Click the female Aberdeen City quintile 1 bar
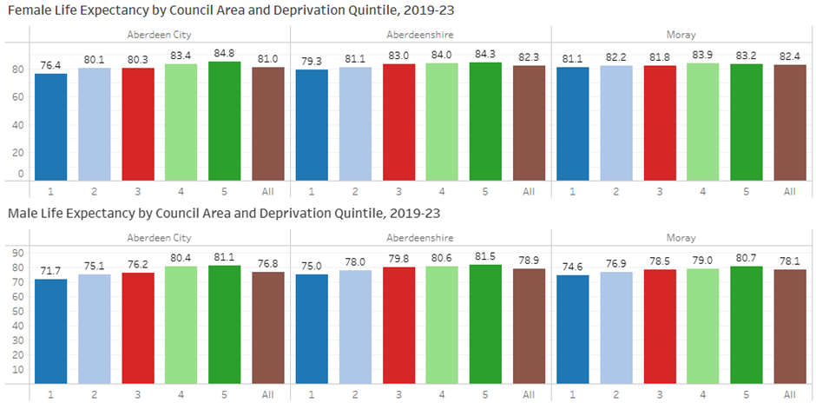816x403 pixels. click(x=51, y=127)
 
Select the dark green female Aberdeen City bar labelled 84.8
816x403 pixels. click(x=225, y=121)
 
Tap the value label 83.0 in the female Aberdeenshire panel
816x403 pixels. click(x=398, y=55)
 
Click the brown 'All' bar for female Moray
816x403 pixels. click(x=789, y=122)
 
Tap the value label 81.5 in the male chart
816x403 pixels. click(x=485, y=255)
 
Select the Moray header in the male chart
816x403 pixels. click(x=681, y=237)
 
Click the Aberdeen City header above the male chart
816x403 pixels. click(x=160, y=237)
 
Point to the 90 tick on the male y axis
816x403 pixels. click(x=17, y=253)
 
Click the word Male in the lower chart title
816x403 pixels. click(x=22, y=213)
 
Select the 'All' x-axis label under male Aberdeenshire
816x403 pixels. click(x=529, y=394)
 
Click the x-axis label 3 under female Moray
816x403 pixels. click(x=659, y=190)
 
